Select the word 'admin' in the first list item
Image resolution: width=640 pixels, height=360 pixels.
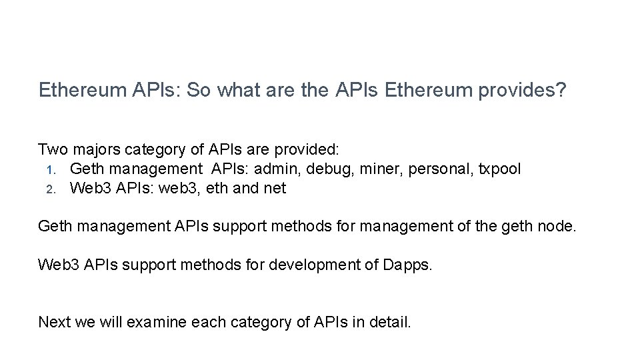pyautogui.click(x=281, y=169)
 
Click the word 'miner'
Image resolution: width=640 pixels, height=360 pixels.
pyautogui.click(x=377, y=169)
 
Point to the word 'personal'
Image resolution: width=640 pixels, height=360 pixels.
pyautogui.click(x=435, y=169)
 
